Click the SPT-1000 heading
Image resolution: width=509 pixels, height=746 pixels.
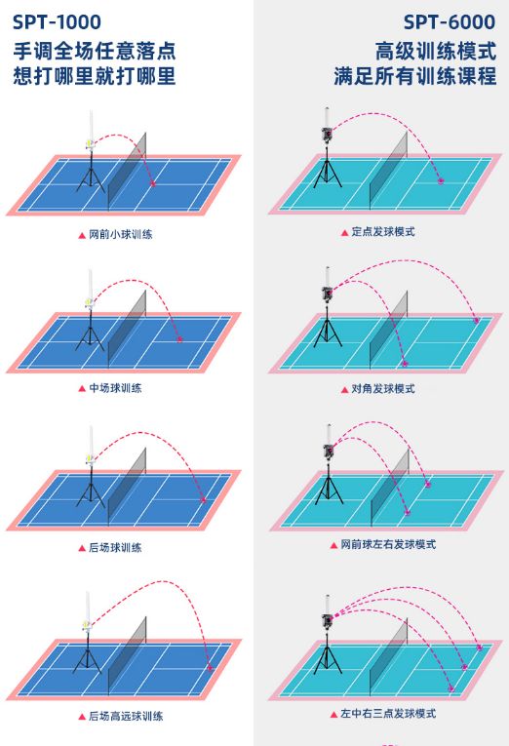57,21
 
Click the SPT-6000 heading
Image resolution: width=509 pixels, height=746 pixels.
450,21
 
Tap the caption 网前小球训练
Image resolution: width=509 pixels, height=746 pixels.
121,234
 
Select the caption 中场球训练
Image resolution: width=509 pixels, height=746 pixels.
116,388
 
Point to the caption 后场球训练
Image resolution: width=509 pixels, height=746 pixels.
116,548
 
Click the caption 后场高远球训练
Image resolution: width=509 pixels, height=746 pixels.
126,716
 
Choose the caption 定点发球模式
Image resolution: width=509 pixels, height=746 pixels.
383,232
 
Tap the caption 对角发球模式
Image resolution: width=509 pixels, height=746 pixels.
383,389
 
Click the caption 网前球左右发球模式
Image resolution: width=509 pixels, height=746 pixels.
388,544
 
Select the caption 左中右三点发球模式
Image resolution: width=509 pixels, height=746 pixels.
388,713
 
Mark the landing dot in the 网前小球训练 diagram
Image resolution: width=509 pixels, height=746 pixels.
153,183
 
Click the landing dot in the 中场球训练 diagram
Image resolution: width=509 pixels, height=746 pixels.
179,339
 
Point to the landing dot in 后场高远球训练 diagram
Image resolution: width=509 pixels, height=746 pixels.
210,668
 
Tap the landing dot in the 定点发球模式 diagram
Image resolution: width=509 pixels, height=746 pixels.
441,180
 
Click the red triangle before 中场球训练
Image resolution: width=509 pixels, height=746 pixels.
82,389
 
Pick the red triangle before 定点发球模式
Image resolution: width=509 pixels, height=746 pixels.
344,233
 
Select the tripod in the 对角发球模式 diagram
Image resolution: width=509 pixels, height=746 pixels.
328,329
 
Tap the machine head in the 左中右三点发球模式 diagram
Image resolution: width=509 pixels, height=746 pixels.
328,621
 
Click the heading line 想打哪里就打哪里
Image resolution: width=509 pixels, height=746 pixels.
95,76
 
